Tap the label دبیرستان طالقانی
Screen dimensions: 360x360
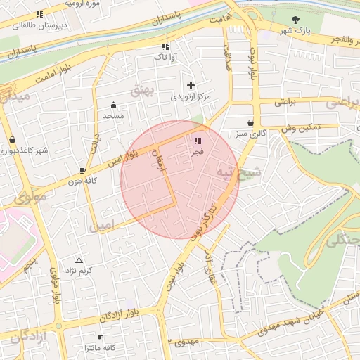pos(37,25)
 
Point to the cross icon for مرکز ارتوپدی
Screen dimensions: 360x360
pos(190,85)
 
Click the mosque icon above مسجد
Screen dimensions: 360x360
pos(113,105)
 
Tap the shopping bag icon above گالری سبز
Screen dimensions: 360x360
pos(250,122)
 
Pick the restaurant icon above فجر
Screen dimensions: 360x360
pos(196,141)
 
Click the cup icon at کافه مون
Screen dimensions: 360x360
pos(82,170)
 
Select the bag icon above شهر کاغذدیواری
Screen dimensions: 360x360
pos(12,139)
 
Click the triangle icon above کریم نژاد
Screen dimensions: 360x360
pos(78,260)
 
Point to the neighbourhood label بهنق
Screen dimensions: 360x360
pos(141,89)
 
